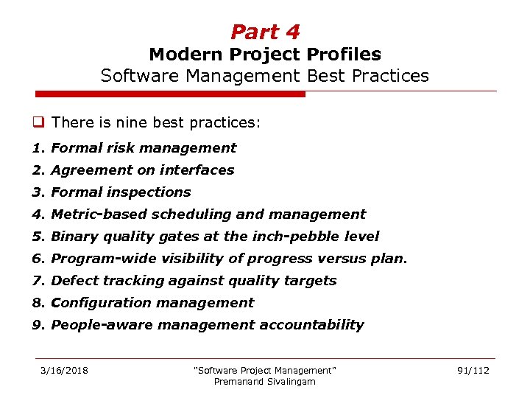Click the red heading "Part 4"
point(265,32)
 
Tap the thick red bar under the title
point(170,94)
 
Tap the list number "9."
point(38,325)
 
